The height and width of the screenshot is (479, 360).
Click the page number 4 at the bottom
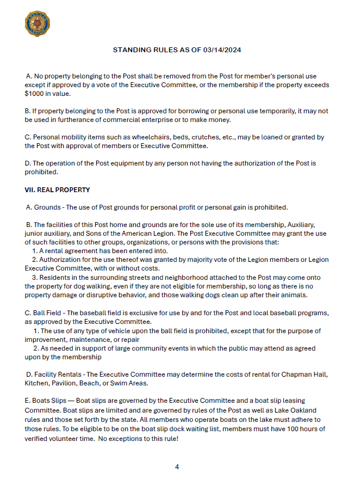coord(177,466)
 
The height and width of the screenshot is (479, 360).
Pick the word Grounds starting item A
coord(48,207)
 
